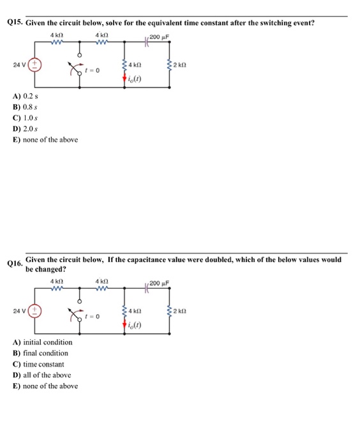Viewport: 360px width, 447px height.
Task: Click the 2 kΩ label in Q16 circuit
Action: [182, 312]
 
